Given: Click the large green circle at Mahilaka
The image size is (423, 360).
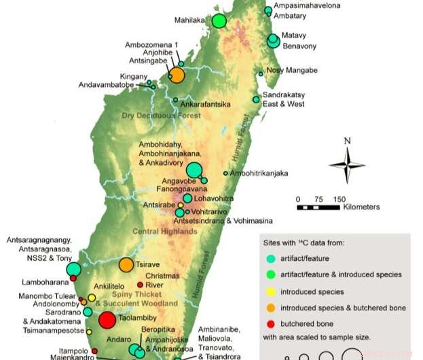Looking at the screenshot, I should pyautogui.click(x=219, y=21).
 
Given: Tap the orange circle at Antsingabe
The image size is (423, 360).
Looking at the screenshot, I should pyautogui.click(x=177, y=75).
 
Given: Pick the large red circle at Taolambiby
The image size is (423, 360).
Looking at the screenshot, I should pyautogui.click(x=107, y=321).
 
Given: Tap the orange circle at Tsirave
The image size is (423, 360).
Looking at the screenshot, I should pyautogui.click(x=126, y=265).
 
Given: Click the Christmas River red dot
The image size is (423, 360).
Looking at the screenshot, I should pyautogui.click(x=140, y=285).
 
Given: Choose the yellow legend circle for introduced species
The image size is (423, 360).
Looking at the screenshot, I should pyautogui.click(x=272, y=292).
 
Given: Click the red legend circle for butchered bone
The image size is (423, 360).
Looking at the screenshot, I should pyautogui.click(x=272, y=324).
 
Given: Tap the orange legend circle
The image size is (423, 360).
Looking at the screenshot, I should pyautogui.click(x=272, y=308).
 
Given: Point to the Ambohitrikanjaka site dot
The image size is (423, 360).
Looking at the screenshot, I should pyautogui.click(x=225, y=174).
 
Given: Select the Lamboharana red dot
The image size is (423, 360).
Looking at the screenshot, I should pyautogui.click(x=73, y=278).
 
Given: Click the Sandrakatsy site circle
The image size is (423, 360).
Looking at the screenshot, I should pyautogui.click(x=256, y=100).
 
